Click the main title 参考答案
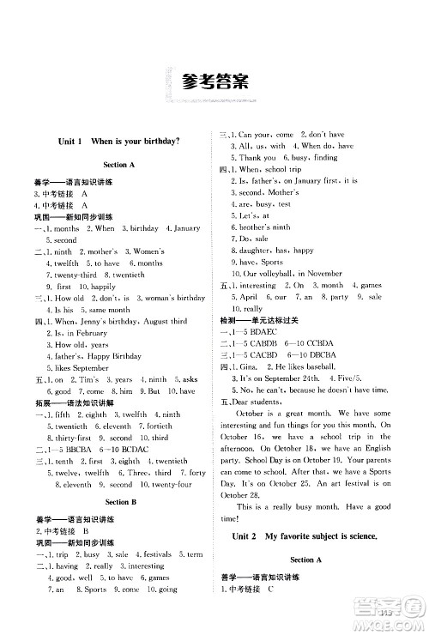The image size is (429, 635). pos(214,82)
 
